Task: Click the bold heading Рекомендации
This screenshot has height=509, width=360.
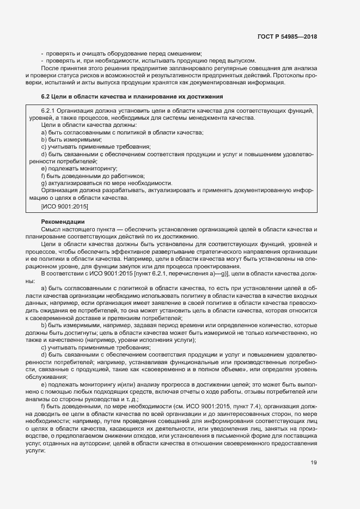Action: (63, 222)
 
